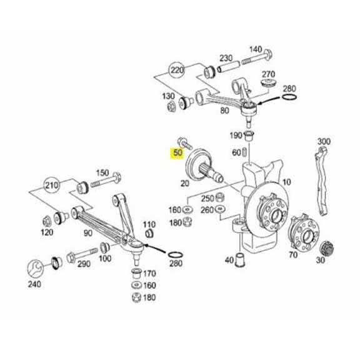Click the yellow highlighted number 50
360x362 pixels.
coord(178,152)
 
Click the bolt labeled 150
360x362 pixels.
coord(102,173)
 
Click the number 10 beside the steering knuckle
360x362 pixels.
coord(286,182)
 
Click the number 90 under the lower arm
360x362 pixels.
coord(88,233)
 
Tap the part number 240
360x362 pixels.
coord(34,285)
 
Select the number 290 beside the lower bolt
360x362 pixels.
coord(84,265)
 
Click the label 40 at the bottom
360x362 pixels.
coord(229,260)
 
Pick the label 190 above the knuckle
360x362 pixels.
coord(236,135)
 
